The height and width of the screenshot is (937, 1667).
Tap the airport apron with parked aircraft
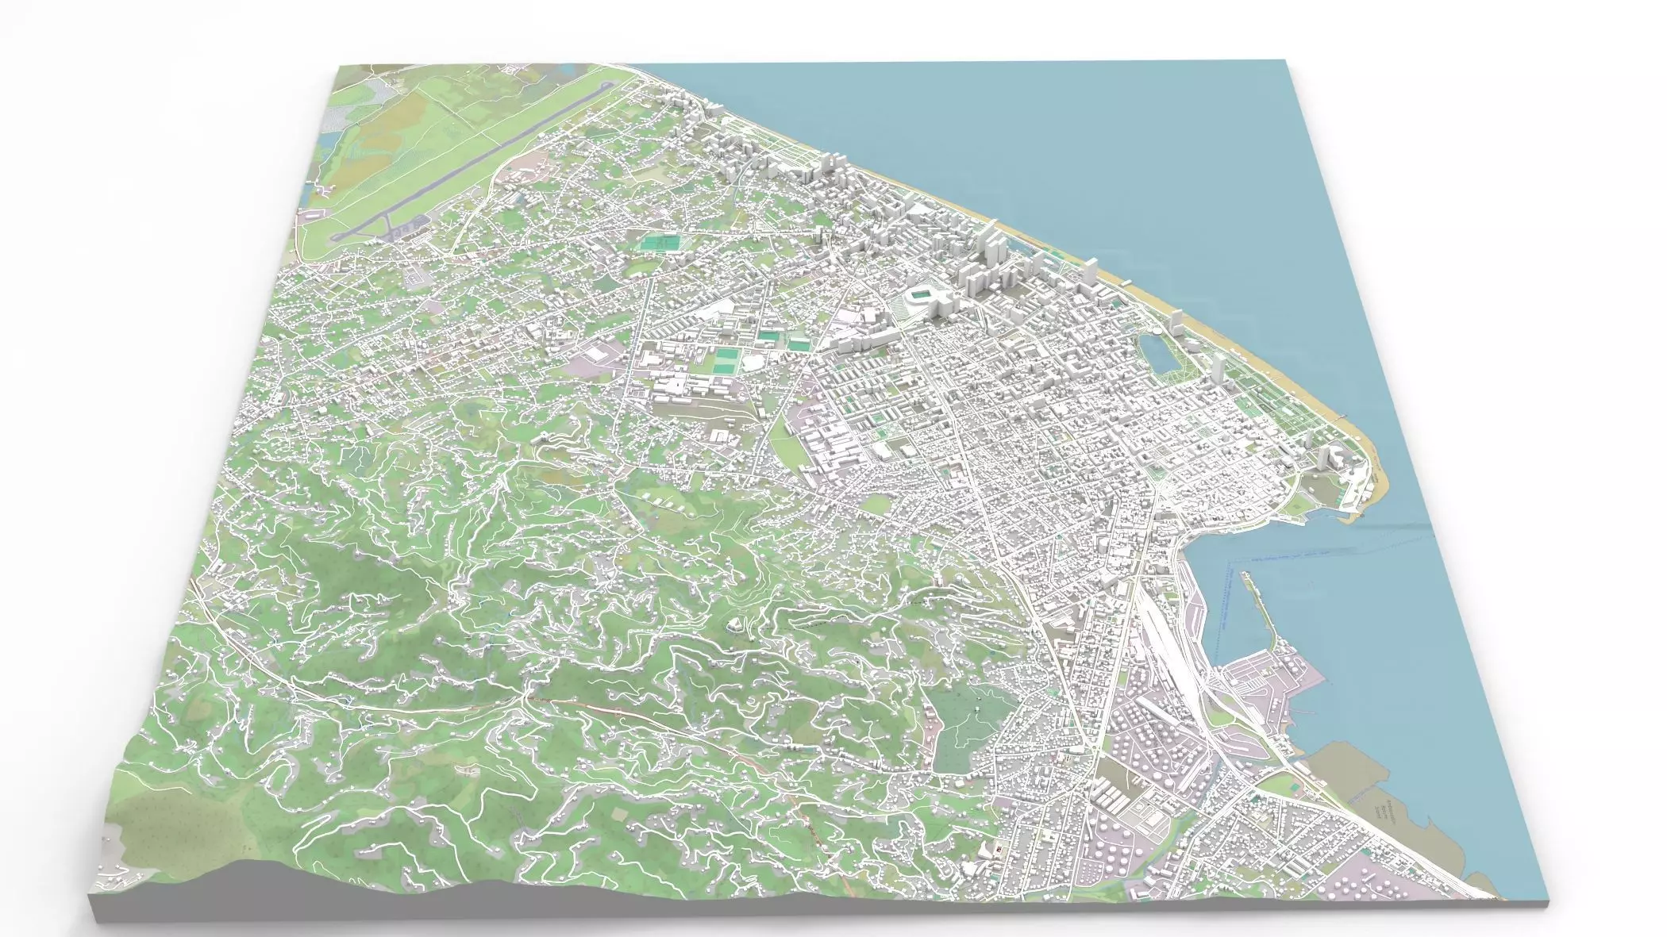(397, 232)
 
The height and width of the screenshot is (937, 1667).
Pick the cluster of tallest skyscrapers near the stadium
(988, 262)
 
